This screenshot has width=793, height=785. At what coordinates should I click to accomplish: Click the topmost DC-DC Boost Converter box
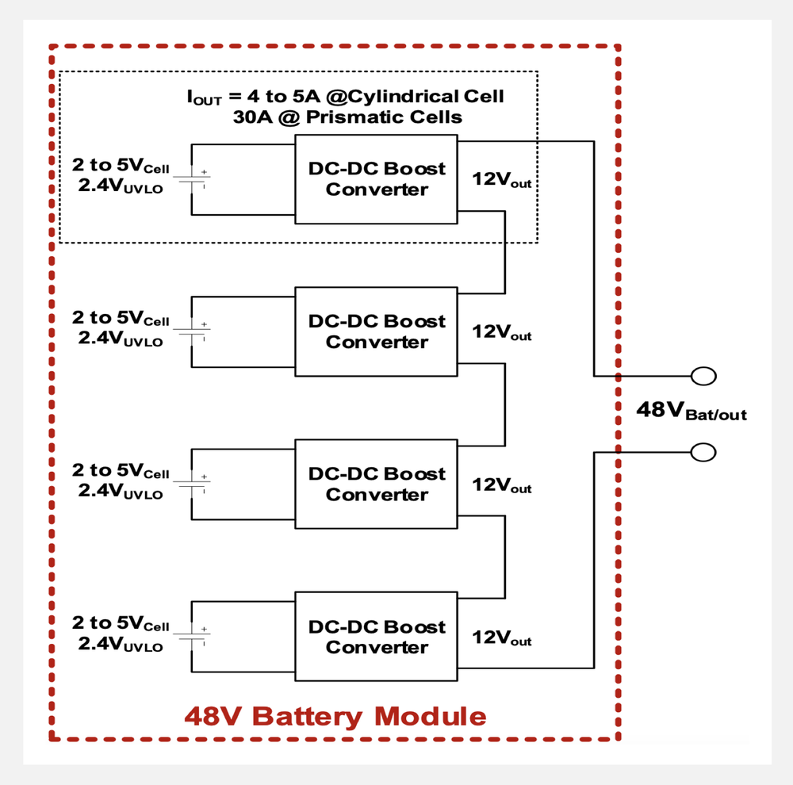click(376, 178)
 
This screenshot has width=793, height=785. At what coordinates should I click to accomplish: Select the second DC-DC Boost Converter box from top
click(376, 331)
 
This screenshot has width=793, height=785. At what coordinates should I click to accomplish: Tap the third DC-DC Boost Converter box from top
click(376, 484)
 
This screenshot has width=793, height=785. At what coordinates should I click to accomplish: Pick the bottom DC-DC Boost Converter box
click(376, 637)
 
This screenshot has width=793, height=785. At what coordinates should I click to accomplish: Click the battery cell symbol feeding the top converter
click(192, 178)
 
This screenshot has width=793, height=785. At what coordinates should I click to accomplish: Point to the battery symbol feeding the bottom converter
click(192, 637)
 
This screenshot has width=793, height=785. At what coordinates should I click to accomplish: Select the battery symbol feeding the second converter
click(192, 331)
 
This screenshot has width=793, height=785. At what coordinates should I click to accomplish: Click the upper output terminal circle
click(703, 375)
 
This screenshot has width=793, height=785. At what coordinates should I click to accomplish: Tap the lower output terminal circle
click(703, 452)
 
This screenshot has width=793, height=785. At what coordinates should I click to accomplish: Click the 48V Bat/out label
click(691, 412)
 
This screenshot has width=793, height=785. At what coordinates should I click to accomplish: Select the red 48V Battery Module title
click(335, 717)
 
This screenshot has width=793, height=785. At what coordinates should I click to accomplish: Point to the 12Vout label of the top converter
click(501, 180)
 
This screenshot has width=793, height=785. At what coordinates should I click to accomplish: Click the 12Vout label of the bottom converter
click(501, 638)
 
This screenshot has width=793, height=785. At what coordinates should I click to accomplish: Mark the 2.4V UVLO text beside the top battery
click(120, 189)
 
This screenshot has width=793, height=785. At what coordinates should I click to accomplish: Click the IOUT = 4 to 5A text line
click(345, 98)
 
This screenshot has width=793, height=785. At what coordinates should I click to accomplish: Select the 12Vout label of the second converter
click(501, 332)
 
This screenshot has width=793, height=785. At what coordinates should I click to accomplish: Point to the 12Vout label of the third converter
click(501, 485)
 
